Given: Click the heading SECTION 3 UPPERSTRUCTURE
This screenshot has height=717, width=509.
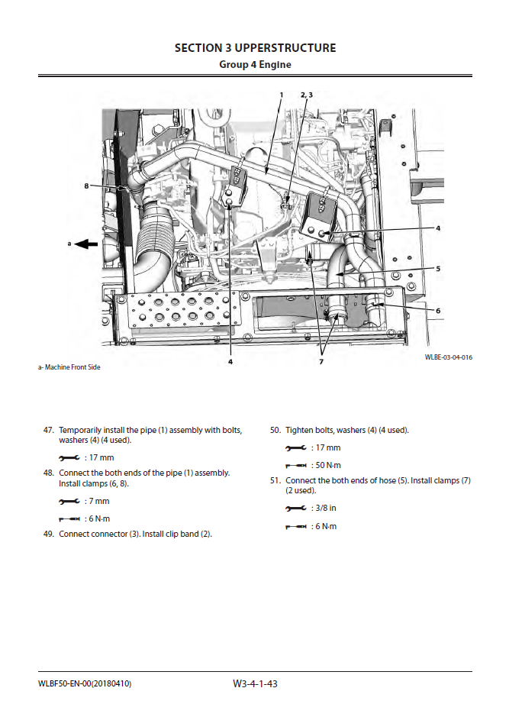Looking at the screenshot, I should [255, 48].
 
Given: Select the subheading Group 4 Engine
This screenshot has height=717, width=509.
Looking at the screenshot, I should [255, 65].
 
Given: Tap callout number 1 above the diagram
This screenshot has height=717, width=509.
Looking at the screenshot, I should [281, 95].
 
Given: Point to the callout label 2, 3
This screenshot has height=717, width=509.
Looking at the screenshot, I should [306, 95].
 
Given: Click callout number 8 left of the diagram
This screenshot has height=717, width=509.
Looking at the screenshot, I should [87, 186].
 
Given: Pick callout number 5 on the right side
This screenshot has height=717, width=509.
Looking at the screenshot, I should [438, 268].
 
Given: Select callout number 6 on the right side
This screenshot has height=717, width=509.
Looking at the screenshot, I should [438, 311].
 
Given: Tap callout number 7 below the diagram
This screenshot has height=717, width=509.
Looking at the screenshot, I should [322, 361].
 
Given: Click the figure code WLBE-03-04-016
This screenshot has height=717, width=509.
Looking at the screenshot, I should [449, 357].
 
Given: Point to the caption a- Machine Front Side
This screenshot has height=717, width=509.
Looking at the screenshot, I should [69, 367].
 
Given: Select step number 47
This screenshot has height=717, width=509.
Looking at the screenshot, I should [48, 431].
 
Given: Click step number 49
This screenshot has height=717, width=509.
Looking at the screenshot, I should [48, 534].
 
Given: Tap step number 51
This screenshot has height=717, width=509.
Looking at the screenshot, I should [275, 480].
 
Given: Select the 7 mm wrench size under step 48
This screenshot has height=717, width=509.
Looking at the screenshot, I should [99, 501].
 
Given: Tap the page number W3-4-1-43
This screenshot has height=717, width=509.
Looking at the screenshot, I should [255, 683].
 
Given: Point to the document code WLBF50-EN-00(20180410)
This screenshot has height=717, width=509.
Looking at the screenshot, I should [84, 683].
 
